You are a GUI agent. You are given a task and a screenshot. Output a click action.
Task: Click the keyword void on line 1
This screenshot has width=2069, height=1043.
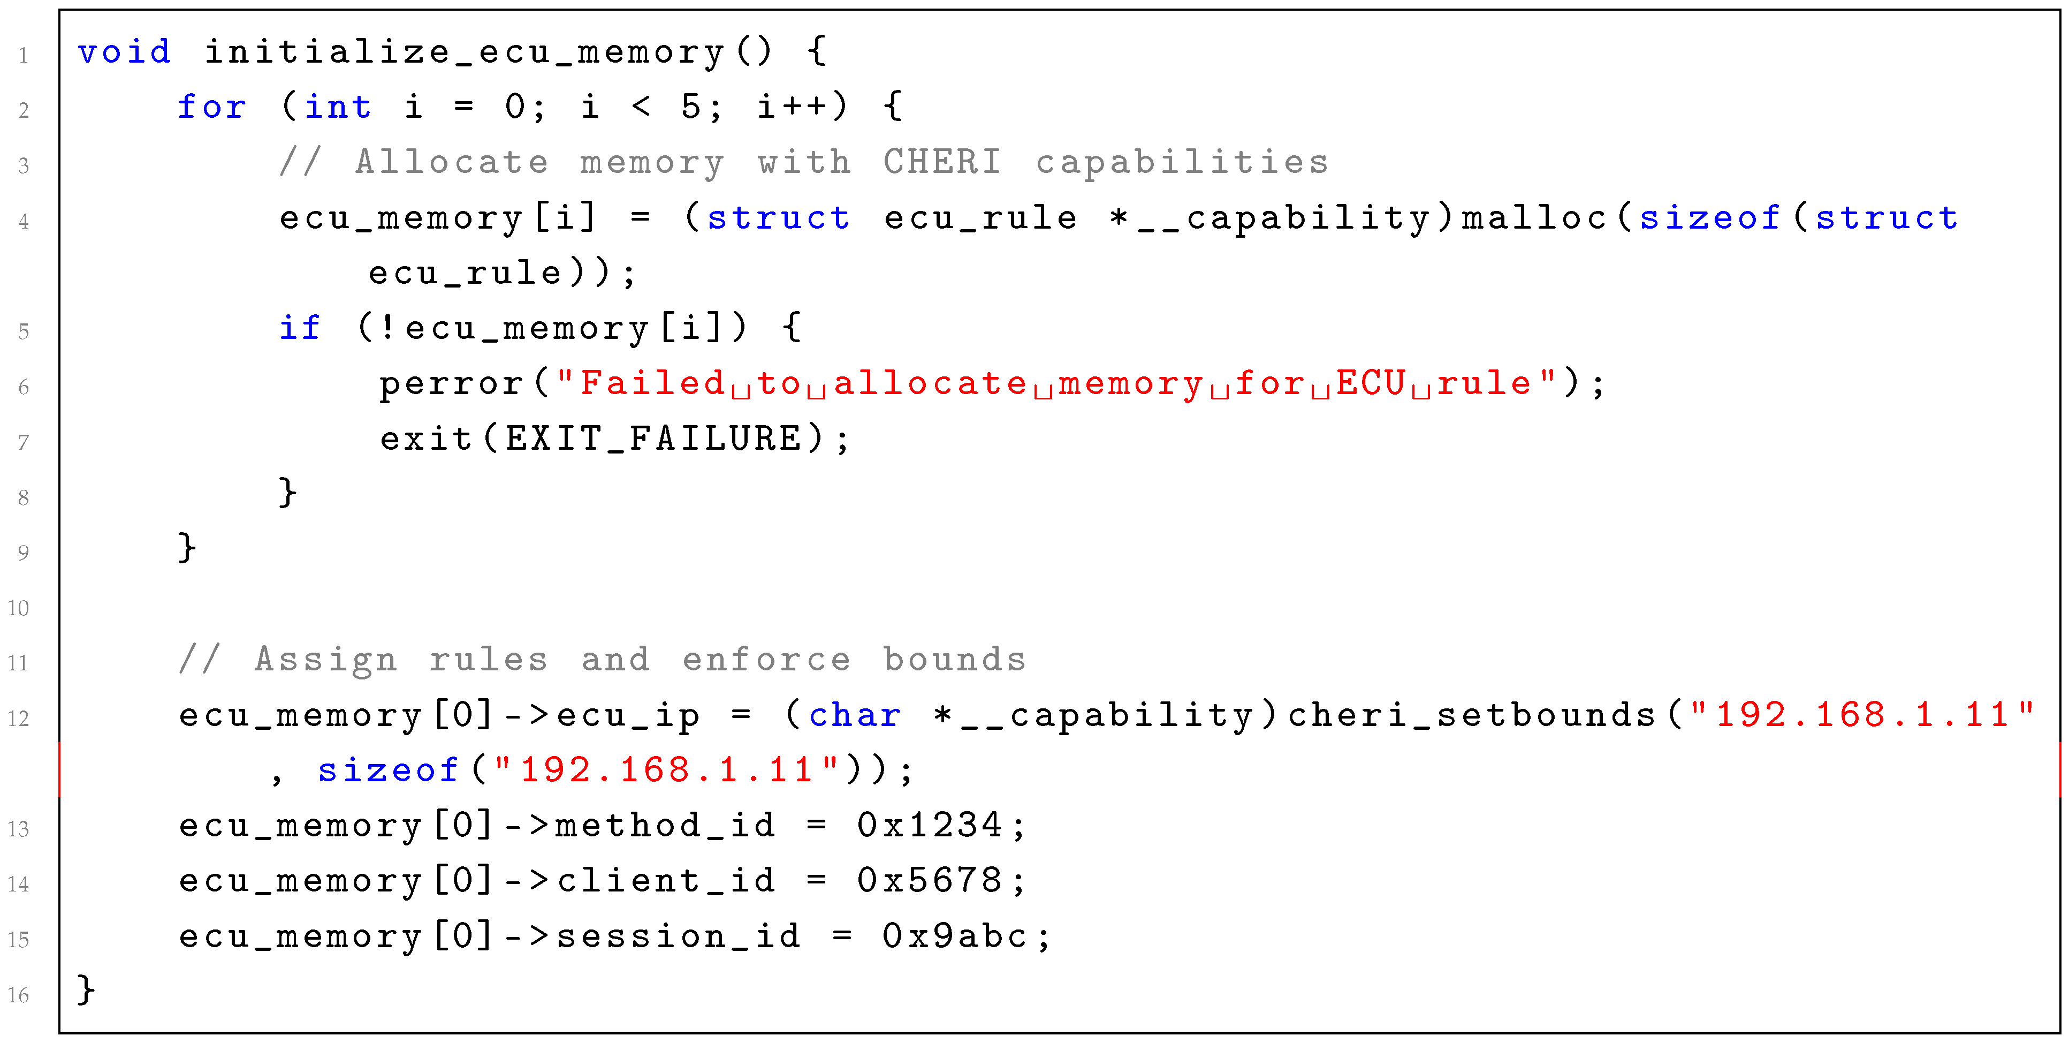click(125, 52)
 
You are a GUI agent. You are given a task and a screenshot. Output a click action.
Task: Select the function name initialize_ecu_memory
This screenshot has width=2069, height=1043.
click(464, 52)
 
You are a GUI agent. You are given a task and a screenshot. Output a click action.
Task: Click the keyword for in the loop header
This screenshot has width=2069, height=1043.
click(211, 107)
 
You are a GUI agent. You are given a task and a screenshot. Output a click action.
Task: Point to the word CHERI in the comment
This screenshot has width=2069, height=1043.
click(942, 162)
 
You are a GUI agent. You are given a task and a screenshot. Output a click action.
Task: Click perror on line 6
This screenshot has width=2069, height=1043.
click(451, 383)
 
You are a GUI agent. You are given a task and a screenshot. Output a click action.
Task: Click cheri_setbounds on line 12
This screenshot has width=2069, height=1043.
click(1471, 715)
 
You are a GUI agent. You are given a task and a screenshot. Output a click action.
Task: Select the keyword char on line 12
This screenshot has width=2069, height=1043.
click(855, 715)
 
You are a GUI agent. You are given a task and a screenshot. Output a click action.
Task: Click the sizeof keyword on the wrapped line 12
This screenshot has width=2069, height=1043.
click(388, 770)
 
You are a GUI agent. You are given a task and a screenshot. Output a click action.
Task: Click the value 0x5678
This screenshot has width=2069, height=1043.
click(929, 881)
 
